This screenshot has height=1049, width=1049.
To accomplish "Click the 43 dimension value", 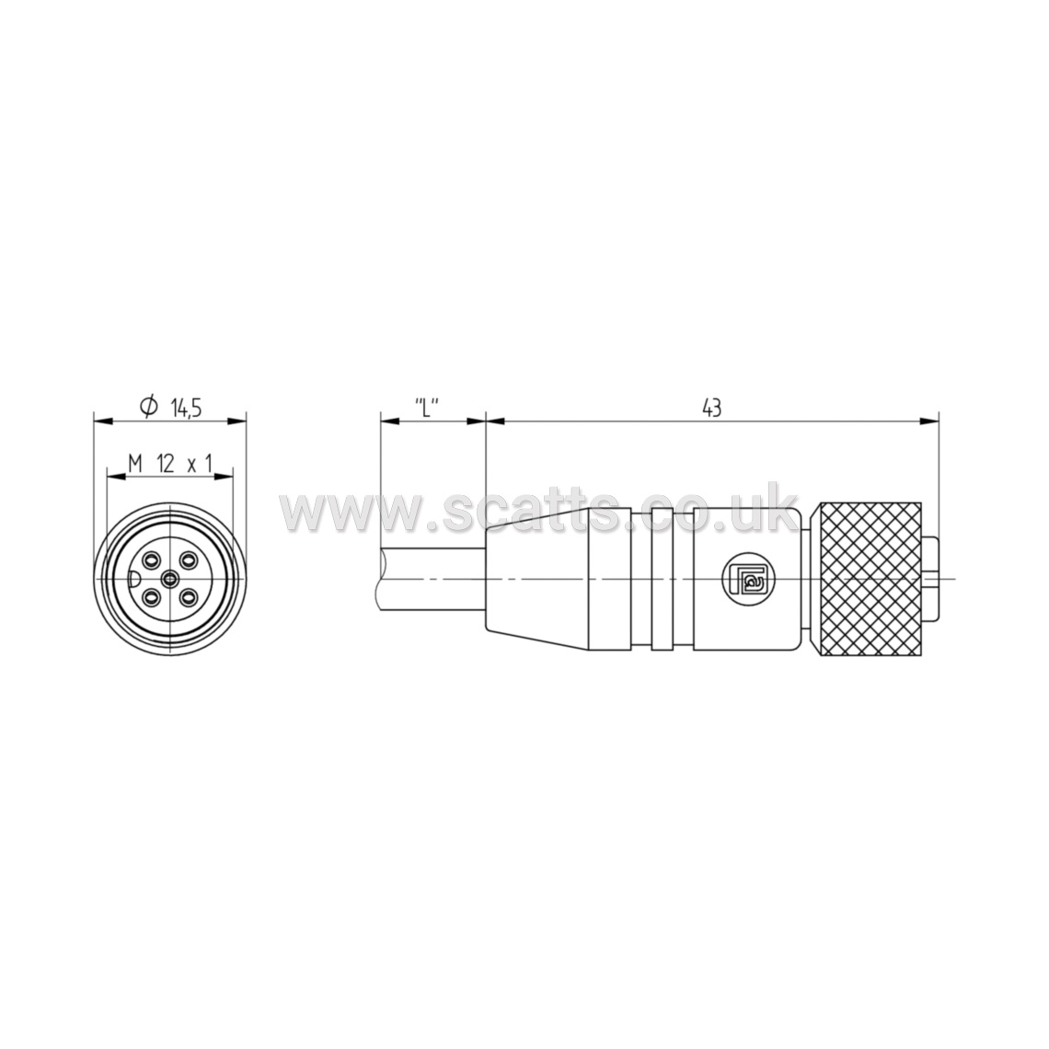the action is (x=712, y=408).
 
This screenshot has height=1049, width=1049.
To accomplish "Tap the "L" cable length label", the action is (x=426, y=406).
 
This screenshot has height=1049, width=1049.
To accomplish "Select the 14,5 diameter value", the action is (x=187, y=408).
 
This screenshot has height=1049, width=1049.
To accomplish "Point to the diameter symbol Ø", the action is (x=148, y=406).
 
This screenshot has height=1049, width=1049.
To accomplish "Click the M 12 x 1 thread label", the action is (x=170, y=463).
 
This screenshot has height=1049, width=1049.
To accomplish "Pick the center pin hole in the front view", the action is (x=170, y=577).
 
